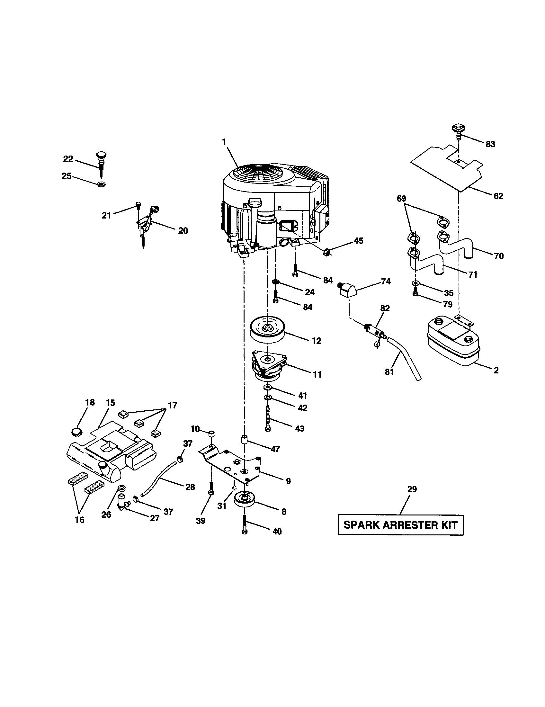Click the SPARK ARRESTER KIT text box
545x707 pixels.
(x=400, y=525)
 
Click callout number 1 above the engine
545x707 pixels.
(x=224, y=142)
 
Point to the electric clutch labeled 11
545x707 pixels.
(x=269, y=366)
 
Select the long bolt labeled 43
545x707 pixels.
(x=267, y=418)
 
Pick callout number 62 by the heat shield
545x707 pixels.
(x=498, y=196)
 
